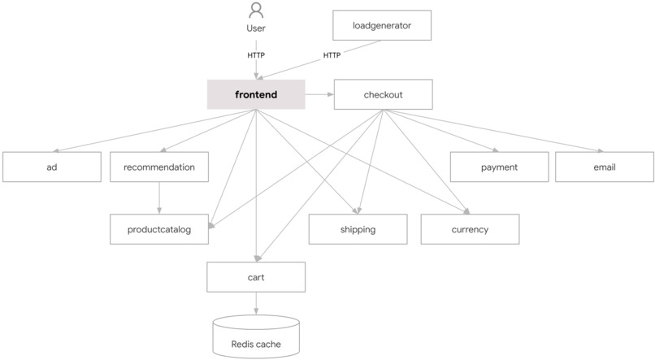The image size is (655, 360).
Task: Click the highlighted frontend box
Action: (x=256, y=94)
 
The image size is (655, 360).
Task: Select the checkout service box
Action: (x=383, y=94)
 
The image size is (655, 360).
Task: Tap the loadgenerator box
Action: (x=382, y=25)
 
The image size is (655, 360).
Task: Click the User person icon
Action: (x=256, y=11)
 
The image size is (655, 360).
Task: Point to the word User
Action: (x=256, y=28)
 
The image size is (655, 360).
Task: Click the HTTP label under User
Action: (x=256, y=55)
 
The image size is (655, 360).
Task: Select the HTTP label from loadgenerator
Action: (x=332, y=55)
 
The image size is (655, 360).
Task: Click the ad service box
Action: (x=51, y=167)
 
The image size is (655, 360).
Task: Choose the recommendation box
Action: (x=159, y=167)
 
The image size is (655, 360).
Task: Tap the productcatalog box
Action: (x=159, y=229)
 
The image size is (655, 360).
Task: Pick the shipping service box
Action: (x=358, y=229)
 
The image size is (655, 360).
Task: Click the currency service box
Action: (x=470, y=229)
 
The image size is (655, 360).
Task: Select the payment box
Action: (x=499, y=167)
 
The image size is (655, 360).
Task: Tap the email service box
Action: (x=605, y=167)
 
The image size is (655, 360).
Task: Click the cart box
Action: (x=256, y=277)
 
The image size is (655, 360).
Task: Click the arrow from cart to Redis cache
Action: (x=256, y=303)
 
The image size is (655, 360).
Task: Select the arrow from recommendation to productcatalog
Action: (x=159, y=198)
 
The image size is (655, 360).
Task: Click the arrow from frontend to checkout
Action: (x=319, y=94)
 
